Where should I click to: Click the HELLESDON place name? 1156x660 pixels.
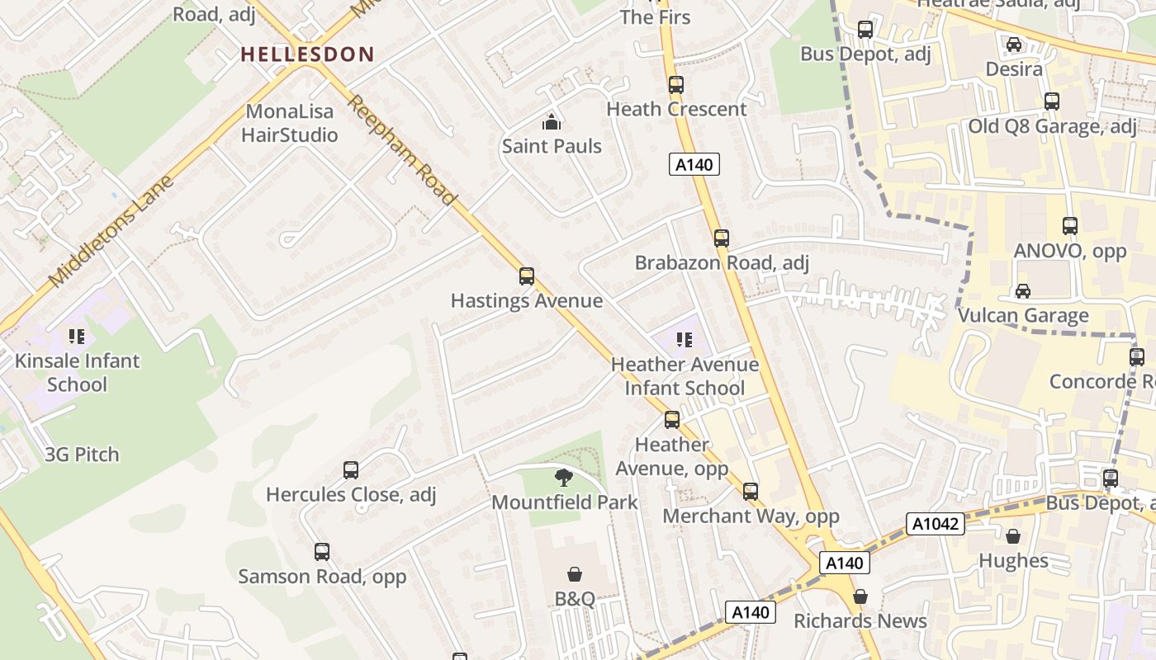(x=307, y=54)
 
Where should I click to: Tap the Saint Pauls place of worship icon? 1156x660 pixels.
(x=552, y=123)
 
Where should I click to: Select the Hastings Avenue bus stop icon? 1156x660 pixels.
(x=527, y=276)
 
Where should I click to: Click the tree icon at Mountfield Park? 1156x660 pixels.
(x=564, y=477)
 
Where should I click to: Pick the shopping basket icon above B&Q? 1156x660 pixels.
(x=575, y=573)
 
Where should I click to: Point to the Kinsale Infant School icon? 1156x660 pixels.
(x=77, y=336)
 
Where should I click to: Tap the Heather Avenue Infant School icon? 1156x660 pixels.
(x=684, y=339)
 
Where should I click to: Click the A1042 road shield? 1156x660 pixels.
(x=936, y=524)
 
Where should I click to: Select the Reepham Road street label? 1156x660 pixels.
(x=401, y=150)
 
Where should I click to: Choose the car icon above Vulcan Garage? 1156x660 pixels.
(x=1023, y=290)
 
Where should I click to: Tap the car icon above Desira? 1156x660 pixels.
(x=1013, y=44)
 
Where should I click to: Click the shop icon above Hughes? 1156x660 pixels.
(x=1013, y=536)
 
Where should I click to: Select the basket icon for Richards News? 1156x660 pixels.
(x=860, y=596)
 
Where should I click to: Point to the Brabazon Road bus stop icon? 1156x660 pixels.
(x=722, y=238)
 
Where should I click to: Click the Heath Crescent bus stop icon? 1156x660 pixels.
(x=676, y=84)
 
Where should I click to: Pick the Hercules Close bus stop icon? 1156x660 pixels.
(x=351, y=470)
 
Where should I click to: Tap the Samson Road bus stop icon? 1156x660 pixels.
(x=322, y=551)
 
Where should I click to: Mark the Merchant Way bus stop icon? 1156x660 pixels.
(x=751, y=492)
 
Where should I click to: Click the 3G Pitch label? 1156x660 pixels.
(x=82, y=455)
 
